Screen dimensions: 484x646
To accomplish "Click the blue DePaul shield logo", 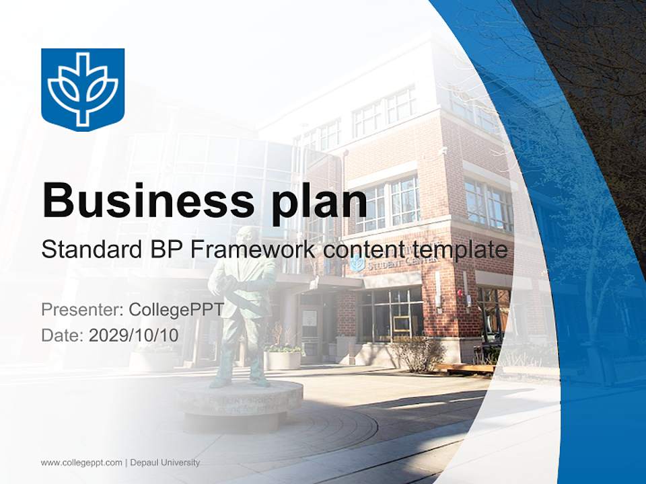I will (x=83, y=89).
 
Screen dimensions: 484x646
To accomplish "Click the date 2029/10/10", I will (x=134, y=335).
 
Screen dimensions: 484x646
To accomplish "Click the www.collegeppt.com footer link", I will (x=81, y=462).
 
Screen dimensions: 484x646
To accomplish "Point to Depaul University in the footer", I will (x=165, y=462).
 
